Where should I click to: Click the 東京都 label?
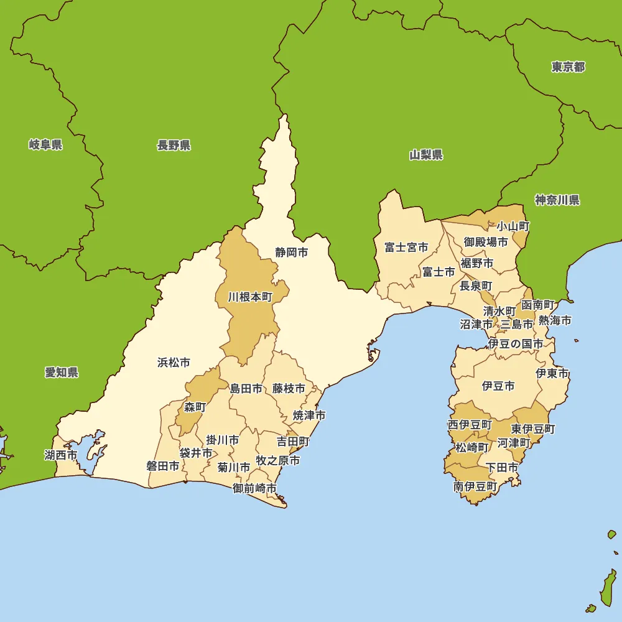[x=568, y=67]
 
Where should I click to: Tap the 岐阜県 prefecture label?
[x=45, y=145]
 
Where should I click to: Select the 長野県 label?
[x=174, y=146]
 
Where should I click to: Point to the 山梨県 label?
[x=426, y=155]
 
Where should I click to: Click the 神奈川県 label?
[x=557, y=200]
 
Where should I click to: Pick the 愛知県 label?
[x=61, y=373]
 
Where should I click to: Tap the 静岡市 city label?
[x=292, y=253]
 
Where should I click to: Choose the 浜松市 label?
[x=174, y=363]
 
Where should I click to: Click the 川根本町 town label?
[x=250, y=297]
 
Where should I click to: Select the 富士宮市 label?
[x=406, y=248]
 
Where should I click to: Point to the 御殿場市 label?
[x=486, y=242]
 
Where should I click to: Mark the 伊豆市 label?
[x=498, y=386]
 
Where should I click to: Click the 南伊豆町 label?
[x=475, y=486]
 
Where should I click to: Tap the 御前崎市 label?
[x=254, y=488]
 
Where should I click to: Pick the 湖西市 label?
[x=60, y=455]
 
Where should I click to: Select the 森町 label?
[x=195, y=407]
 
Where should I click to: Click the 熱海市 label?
[x=555, y=321]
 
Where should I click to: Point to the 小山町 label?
[x=513, y=226]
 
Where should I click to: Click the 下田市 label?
[x=501, y=468]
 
